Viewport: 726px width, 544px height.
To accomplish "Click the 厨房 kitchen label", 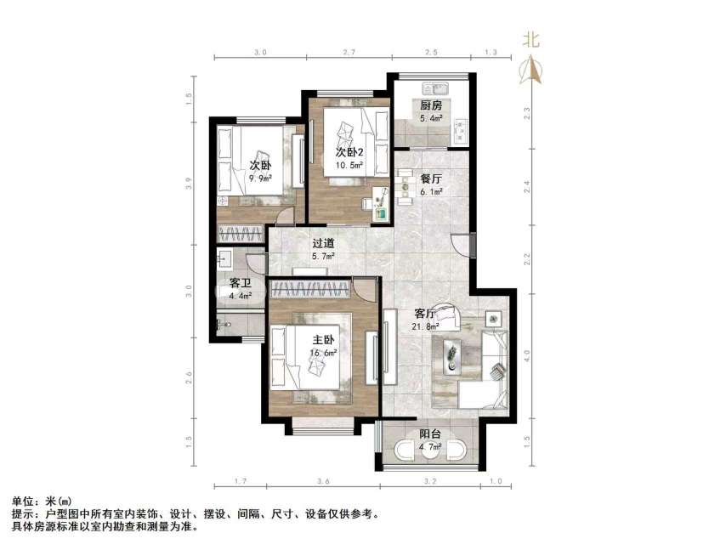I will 431,105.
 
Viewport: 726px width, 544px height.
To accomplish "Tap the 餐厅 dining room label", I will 431,178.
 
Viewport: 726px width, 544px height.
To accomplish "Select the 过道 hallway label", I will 322,243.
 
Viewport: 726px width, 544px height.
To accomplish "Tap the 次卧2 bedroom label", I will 349,151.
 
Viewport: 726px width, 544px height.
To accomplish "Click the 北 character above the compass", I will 531,39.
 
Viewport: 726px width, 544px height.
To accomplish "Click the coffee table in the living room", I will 453,351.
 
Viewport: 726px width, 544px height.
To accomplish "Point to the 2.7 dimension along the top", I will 349,53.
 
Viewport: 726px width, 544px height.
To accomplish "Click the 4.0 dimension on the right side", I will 528,354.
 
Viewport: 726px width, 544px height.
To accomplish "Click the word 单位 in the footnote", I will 23,502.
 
